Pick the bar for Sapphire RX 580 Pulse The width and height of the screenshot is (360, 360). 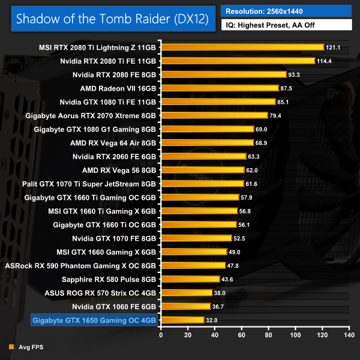click(x=190, y=279)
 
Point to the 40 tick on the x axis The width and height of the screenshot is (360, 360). click(x=214, y=335)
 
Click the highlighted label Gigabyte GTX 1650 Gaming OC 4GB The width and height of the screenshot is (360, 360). click(x=93, y=320)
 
